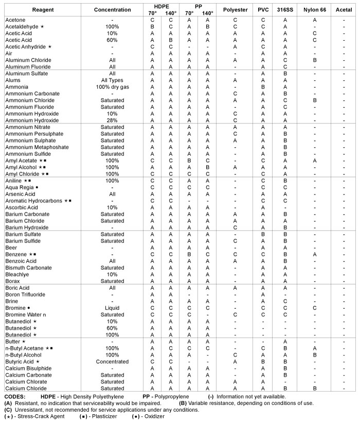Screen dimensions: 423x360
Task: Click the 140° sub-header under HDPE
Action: [171, 13]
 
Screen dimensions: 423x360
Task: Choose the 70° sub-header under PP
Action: [189, 13]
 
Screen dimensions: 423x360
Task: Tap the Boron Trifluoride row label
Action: [25, 294]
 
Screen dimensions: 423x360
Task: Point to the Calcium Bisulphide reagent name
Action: [29, 368]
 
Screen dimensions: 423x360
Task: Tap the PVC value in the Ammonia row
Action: [263, 87]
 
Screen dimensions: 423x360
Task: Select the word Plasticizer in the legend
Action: [97, 416]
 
